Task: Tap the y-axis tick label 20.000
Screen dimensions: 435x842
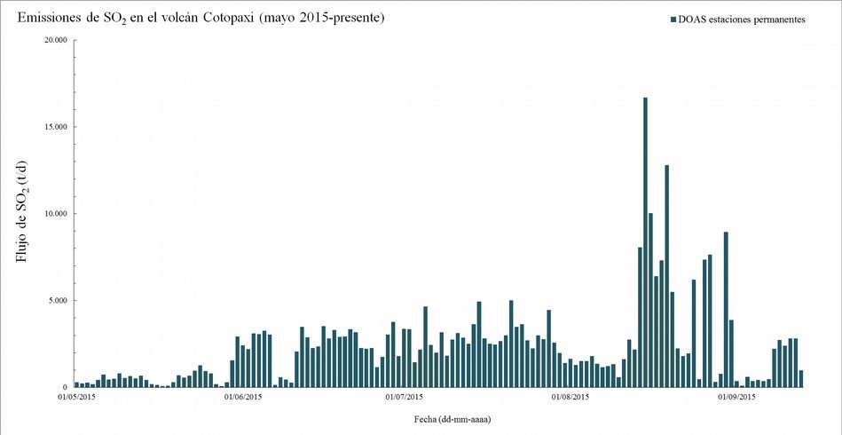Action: click(x=53, y=40)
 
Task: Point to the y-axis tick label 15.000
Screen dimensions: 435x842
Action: click(x=53, y=127)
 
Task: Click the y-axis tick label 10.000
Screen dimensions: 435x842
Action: click(x=53, y=214)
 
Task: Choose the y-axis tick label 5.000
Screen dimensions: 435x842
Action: click(x=56, y=301)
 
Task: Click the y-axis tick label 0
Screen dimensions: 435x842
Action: click(x=64, y=388)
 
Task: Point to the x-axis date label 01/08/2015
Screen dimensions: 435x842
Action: click(x=571, y=398)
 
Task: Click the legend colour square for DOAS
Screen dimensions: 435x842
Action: click(x=673, y=20)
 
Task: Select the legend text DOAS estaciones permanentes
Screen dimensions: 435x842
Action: click(x=741, y=20)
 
